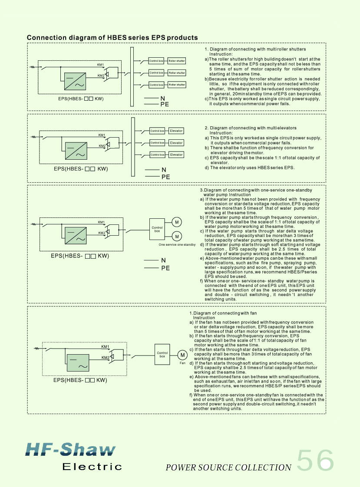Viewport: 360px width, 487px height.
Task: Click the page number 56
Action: point(315,460)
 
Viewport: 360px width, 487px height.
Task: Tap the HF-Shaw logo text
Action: point(70,449)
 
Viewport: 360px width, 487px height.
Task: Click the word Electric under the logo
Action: point(92,467)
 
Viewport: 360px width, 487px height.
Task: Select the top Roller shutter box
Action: point(177,61)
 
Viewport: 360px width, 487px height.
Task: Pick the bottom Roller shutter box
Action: point(177,85)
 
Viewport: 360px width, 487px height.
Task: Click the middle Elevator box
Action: point(176,143)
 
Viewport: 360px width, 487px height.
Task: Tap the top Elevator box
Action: point(176,131)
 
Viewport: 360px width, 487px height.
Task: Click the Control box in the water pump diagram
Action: point(157,229)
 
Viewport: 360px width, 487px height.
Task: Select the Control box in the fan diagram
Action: point(162,354)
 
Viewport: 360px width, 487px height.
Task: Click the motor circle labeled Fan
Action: point(182,355)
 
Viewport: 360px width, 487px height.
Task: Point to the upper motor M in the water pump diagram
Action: point(177,222)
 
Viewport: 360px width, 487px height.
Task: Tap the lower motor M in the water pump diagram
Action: point(177,237)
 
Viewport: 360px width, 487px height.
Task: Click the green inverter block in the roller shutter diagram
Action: point(75,81)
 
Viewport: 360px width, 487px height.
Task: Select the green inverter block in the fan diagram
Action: point(78,363)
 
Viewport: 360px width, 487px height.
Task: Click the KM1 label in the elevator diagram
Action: point(102,135)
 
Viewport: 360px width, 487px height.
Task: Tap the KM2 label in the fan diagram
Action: point(105,358)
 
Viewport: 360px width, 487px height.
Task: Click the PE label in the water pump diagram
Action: point(165,268)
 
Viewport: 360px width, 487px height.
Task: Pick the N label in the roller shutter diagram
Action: point(162,99)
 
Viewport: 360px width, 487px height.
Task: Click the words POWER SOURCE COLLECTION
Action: point(228,467)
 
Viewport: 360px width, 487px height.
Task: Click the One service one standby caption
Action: point(177,245)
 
